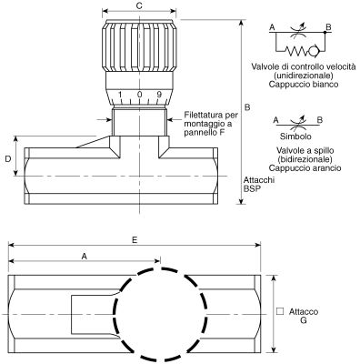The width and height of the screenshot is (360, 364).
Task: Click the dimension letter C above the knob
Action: pyautogui.click(x=139, y=6)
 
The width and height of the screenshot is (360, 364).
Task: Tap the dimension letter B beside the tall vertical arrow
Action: pyautogui.click(x=247, y=107)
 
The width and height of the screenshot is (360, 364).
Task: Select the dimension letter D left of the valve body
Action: pyautogui.click(x=8, y=158)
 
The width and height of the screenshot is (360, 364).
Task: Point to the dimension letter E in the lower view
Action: pyautogui.click(x=135, y=240)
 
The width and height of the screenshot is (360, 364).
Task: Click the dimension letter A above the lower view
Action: pyautogui.click(x=85, y=257)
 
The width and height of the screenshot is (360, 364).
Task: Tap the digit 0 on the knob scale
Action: pyautogui.click(x=139, y=95)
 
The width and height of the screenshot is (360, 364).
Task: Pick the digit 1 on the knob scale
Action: pyautogui.click(x=120, y=95)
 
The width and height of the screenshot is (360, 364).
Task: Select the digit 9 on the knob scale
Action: pyautogui.click(x=159, y=95)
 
